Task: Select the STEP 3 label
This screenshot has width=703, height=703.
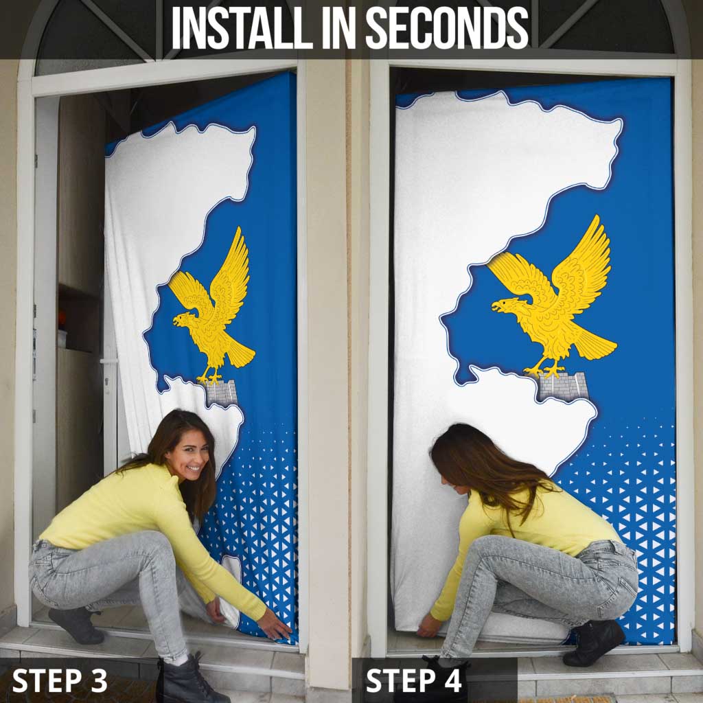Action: coord(60,680)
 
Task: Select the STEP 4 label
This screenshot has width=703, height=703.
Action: coord(413,680)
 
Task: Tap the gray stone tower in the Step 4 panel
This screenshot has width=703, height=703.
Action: coord(562,386)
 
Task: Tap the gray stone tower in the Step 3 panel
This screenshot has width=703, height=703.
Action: coord(220,393)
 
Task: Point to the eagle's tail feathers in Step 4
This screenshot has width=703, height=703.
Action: coord(594,343)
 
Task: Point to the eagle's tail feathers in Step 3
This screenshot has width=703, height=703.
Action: coord(240,353)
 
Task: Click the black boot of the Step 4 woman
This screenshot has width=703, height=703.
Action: coord(593,642)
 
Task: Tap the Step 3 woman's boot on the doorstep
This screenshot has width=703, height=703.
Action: coord(76,625)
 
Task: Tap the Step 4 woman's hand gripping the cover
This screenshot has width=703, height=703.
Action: coord(428,625)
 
